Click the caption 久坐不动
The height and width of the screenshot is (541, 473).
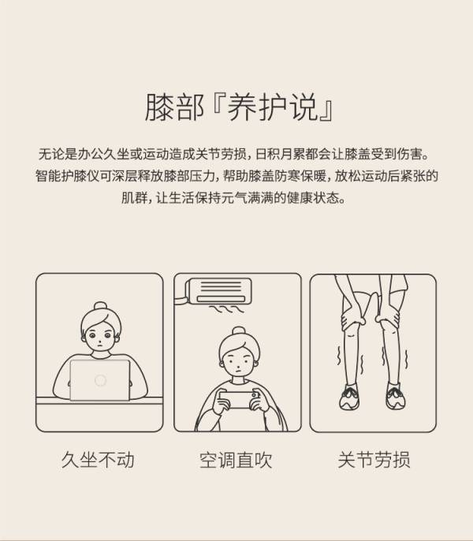click(x=98, y=460)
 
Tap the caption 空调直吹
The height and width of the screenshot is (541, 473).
click(x=236, y=460)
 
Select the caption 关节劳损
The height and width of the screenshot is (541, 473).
click(x=374, y=460)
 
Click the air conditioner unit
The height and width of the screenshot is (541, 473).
click(x=218, y=291)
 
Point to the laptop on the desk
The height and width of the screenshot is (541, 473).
click(x=100, y=380)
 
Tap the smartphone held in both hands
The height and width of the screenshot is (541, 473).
click(x=238, y=400)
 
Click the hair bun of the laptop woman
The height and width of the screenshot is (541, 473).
click(x=100, y=306)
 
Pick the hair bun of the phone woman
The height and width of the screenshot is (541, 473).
click(x=239, y=330)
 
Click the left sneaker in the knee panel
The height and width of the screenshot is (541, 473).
click(x=350, y=397)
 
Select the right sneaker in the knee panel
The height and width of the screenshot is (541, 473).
click(x=396, y=396)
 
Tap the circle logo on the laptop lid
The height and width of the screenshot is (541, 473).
click(x=100, y=380)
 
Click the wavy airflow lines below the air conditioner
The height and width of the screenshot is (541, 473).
click(x=227, y=309)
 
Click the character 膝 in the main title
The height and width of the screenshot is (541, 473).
click(x=159, y=107)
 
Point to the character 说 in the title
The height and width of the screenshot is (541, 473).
click(x=304, y=107)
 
